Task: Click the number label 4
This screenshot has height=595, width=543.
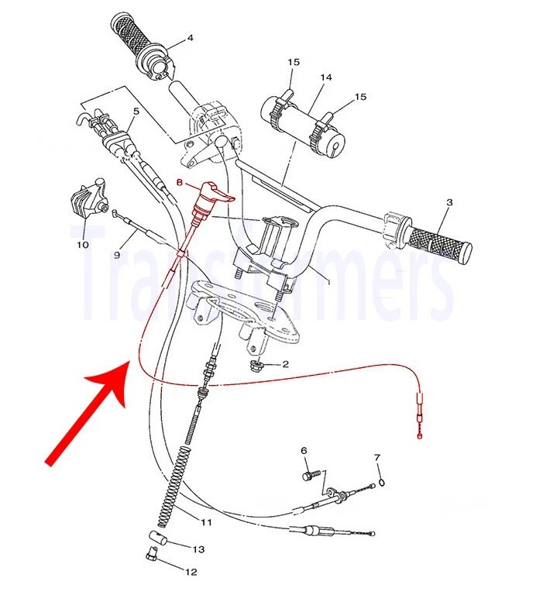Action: coord(190,38)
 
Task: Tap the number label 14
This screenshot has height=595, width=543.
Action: coord(325,77)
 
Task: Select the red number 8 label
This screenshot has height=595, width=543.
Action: coord(180,184)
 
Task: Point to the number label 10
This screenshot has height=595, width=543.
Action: coord(82,245)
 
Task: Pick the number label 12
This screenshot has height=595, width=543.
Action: coord(191,573)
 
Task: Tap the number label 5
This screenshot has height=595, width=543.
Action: coord(136,111)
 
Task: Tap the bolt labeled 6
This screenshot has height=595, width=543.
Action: coord(311,471)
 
